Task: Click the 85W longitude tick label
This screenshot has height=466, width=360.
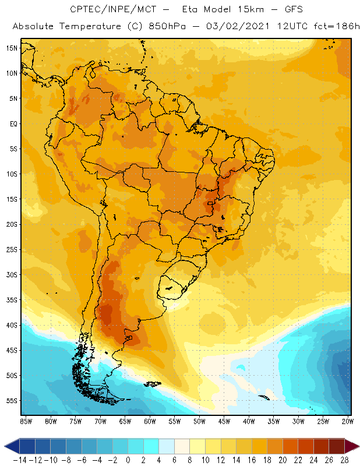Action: (x=26, y=421)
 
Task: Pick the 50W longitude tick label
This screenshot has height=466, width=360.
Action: (x=200, y=421)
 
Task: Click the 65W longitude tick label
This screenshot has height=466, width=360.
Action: (x=125, y=421)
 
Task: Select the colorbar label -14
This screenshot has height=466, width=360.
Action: (x=19, y=460)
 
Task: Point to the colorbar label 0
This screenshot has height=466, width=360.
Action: (x=128, y=460)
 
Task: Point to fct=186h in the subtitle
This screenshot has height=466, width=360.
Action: (x=336, y=27)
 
